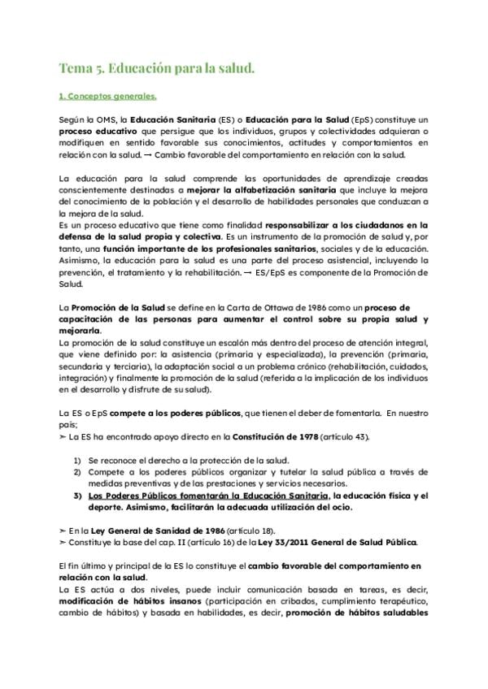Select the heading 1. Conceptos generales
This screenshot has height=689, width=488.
click(x=107, y=96)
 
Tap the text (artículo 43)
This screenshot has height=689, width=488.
click(x=346, y=437)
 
